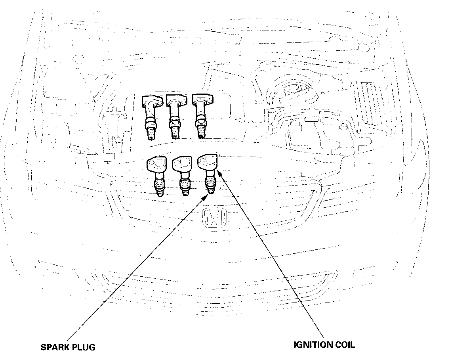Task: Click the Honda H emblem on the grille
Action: coord(214,217)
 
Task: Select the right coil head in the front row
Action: coord(207,162)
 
